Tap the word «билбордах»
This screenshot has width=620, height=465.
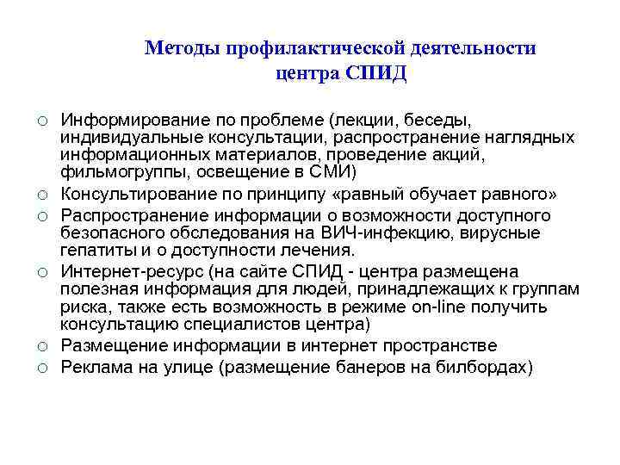485,368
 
